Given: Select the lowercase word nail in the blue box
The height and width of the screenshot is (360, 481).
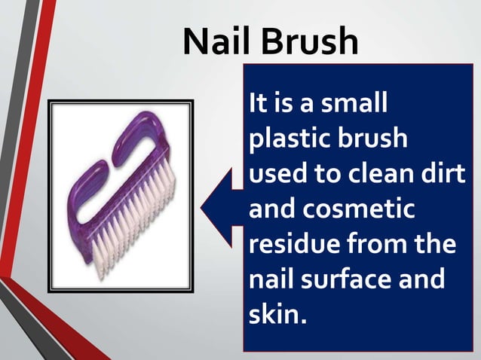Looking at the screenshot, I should click(271, 279).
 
